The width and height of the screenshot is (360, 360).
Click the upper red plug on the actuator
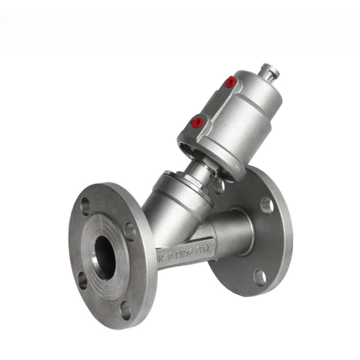231,81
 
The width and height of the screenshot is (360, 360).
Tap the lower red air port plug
197,122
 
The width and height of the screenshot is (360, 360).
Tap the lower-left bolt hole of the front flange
83,281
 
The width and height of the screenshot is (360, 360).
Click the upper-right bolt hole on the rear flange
267,204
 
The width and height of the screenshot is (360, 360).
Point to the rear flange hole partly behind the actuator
219,186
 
